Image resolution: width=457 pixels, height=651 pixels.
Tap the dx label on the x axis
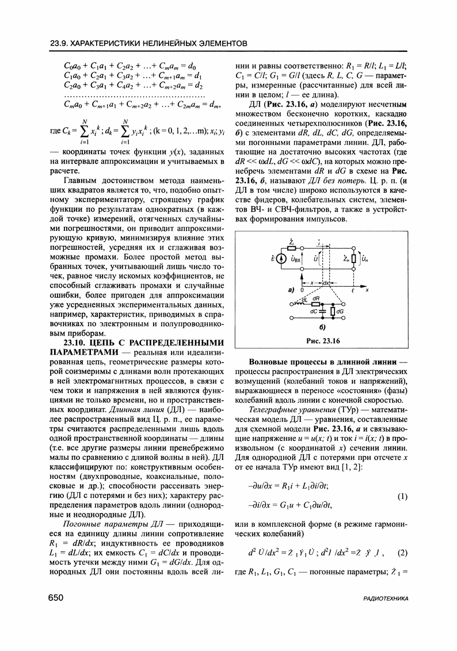(326, 283)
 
